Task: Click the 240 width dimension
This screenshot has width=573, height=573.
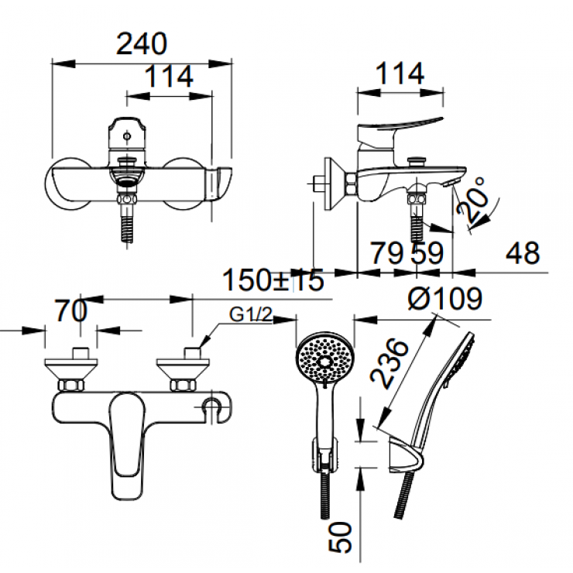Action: coord(142,44)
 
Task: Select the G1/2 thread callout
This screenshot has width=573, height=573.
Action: coord(251,314)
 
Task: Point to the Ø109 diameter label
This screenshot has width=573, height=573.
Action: coord(444,299)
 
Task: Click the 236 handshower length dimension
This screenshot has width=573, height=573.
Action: coord(389,363)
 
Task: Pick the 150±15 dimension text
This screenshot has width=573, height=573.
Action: coord(273,280)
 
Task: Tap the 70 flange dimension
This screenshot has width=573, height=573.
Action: coord(71,311)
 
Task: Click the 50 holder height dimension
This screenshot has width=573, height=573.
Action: coord(340,537)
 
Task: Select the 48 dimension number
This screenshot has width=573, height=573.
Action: coord(522,253)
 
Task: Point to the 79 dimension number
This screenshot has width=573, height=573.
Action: coord(387,253)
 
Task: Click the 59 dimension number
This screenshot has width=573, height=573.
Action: coord(427,253)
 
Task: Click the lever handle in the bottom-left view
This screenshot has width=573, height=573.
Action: coord(127,446)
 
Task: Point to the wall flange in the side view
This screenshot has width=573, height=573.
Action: coord(334,184)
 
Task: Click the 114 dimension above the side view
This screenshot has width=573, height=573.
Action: coord(400,73)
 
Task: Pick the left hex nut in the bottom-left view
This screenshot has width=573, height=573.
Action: coord(71,385)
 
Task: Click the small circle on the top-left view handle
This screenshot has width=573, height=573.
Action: coord(127,136)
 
